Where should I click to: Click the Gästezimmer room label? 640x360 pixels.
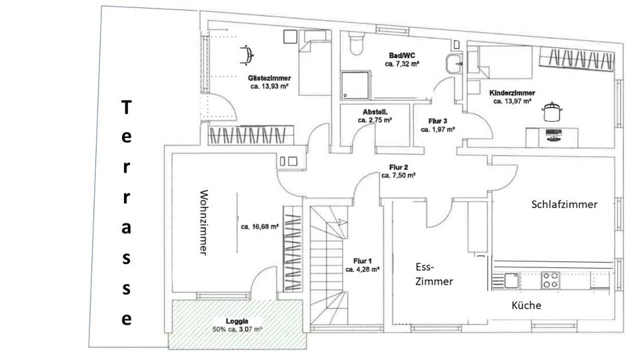point(270,78)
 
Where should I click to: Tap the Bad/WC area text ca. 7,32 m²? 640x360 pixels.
point(401,64)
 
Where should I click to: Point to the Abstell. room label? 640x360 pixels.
point(375,112)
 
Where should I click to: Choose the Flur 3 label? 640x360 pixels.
point(437,121)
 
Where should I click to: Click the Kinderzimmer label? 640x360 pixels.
point(511,93)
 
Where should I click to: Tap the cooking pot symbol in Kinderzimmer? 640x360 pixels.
point(551,111)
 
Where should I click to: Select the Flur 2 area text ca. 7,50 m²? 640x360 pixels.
point(399,176)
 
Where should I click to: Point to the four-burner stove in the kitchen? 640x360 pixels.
point(550,280)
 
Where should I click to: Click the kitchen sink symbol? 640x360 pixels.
point(511,280)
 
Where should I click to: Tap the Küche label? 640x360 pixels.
point(526,305)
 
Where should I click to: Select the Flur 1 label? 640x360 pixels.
point(362,261)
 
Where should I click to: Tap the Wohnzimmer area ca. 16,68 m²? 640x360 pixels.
point(259,227)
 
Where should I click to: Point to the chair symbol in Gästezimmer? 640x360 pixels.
point(246,53)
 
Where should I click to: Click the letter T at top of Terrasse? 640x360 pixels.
point(126,107)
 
